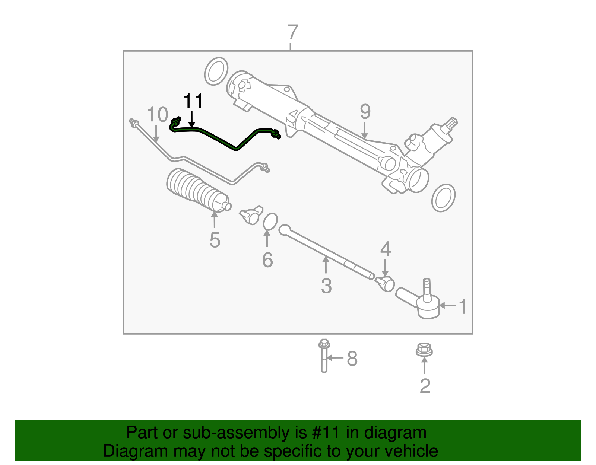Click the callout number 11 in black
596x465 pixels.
coord(194,101)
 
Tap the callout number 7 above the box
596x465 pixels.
coord(293,32)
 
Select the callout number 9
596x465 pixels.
coord(365,112)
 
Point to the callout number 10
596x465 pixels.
coord(157,115)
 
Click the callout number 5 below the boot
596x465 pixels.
coord(215,240)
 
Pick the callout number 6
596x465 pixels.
coord(267,260)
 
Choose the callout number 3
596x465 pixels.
coord(326,286)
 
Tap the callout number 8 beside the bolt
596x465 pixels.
coord(352,359)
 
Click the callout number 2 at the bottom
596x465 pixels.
coord(425,386)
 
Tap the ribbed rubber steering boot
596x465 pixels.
coord(196,192)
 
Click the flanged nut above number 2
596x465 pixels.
coord(424,350)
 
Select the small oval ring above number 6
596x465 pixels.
coord(270,222)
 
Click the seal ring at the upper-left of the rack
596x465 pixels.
coord(216,71)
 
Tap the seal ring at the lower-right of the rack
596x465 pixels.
coord(443,198)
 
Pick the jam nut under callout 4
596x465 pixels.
coord(386,284)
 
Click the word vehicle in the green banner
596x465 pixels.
coord(411,451)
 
